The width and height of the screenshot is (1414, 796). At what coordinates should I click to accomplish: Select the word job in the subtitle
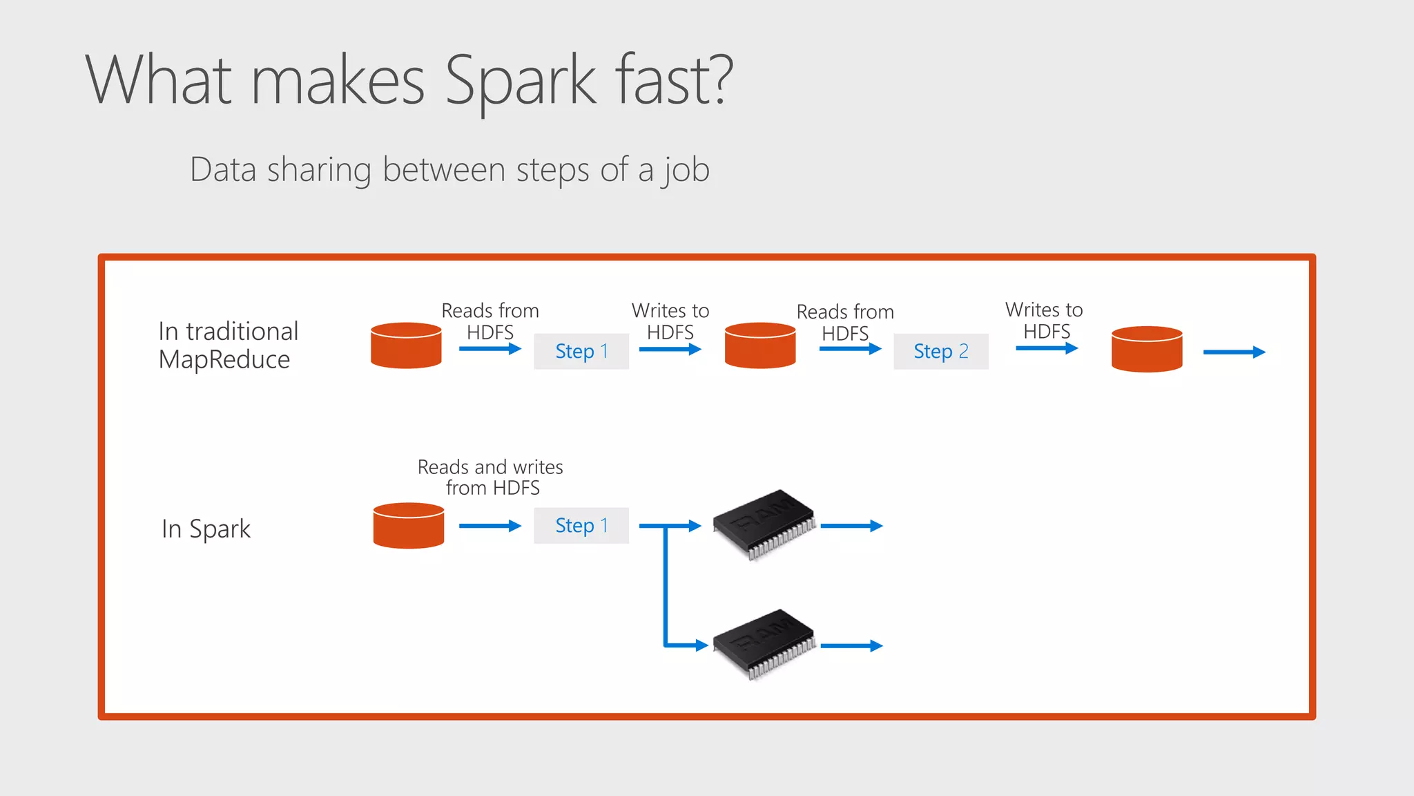tap(686, 170)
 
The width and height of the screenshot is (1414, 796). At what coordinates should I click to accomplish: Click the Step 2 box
tap(940, 351)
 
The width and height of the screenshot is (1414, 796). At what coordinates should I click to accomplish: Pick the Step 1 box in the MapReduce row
tap(581, 351)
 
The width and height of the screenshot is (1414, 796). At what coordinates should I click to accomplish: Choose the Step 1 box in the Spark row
tap(581, 525)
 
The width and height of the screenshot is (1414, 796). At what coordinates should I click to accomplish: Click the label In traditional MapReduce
tap(228, 345)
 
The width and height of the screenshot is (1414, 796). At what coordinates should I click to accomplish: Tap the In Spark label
tap(206, 529)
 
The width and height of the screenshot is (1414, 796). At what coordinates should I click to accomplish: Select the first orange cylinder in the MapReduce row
tap(406, 345)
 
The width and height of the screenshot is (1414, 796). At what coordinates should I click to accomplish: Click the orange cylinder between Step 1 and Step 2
tap(759, 345)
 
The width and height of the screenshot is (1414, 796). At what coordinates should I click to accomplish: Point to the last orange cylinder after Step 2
tap(1146, 348)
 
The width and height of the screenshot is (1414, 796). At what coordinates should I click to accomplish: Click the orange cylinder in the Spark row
tap(408, 526)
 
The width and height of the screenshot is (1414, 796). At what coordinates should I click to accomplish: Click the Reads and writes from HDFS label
tap(490, 477)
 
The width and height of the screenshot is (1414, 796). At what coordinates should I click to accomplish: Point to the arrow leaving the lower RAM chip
tap(851, 645)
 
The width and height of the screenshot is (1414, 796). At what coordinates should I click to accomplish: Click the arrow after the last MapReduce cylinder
tap(1233, 352)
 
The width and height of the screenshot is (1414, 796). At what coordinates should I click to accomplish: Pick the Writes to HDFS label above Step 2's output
tap(1044, 320)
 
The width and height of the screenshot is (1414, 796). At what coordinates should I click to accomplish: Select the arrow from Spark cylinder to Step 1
tap(489, 526)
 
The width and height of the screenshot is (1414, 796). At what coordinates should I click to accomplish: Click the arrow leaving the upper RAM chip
tap(851, 526)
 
